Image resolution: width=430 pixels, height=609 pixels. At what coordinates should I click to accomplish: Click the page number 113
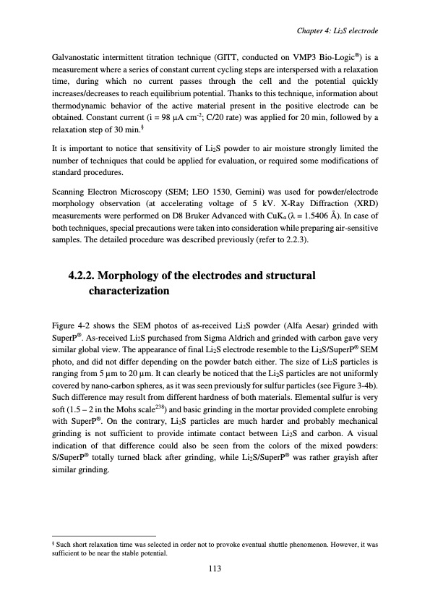tap(214, 568)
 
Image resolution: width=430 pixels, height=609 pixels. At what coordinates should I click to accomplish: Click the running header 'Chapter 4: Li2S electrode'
tap(337, 30)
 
